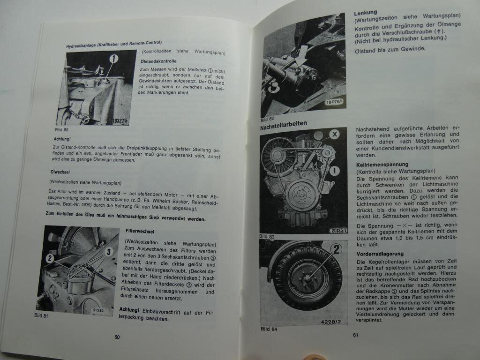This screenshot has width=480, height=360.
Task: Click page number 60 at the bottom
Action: [117, 337]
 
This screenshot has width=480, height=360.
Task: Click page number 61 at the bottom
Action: [356, 334]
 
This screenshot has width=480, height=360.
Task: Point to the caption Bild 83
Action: [267, 236]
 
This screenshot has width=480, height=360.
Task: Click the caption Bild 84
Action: [268, 329]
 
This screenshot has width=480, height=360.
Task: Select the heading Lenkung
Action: [366, 13]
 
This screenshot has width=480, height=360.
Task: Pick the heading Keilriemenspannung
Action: [382, 165]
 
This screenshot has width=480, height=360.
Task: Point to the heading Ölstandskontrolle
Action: [158, 61]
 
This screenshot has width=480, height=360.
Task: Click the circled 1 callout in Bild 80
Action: [113, 59]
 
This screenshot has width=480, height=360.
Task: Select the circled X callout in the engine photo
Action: [334, 134]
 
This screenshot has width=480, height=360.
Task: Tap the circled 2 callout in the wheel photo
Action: [336, 249]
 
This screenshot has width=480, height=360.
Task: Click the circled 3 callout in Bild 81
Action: [109, 252]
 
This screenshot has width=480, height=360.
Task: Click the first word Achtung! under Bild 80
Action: [62, 139]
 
